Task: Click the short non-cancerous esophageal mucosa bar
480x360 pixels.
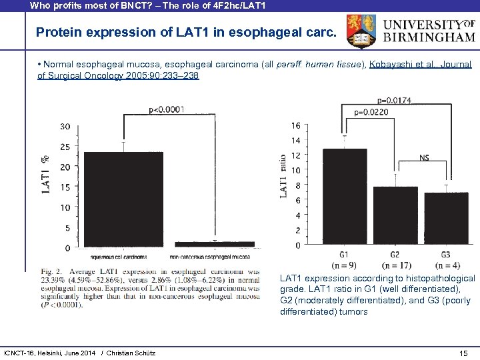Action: (x=213, y=244)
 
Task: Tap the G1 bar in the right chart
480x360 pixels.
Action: (x=344, y=197)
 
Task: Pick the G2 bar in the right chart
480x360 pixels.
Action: (x=395, y=215)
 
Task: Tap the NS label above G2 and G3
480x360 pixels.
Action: (x=424, y=157)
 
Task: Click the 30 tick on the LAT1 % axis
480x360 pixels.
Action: (x=65, y=127)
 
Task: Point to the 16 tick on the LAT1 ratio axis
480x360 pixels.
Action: (x=295, y=125)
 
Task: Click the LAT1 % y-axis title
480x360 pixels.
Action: (x=46, y=175)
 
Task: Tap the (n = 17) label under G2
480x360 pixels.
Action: (x=395, y=265)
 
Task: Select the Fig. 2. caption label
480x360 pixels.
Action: (x=53, y=271)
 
